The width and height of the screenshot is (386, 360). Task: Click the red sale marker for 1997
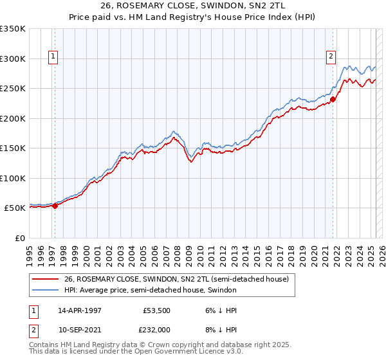point(55,206)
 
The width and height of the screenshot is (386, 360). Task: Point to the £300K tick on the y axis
point(13,59)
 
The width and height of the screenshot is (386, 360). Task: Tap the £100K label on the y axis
point(13,178)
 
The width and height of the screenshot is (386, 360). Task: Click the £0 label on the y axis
point(21,238)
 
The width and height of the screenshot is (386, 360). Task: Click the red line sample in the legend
point(46,279)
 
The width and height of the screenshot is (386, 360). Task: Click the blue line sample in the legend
point(46,290)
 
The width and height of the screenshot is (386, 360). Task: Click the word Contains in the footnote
point(44,346)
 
